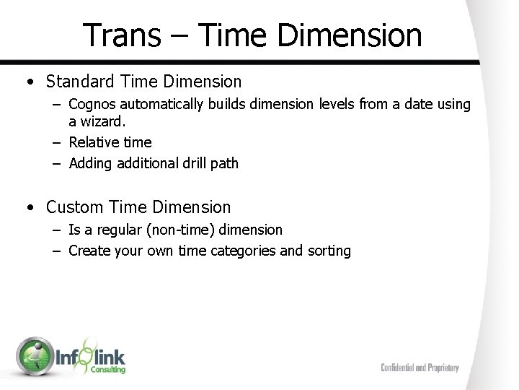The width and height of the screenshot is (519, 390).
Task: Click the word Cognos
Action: coord(93,105)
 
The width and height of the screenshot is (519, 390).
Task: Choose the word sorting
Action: coord(328,252)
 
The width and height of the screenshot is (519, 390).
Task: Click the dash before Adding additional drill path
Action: coord(57,163)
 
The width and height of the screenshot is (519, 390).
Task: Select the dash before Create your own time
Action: coord(57,251)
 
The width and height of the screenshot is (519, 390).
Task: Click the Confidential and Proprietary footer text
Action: coord(420,368)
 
